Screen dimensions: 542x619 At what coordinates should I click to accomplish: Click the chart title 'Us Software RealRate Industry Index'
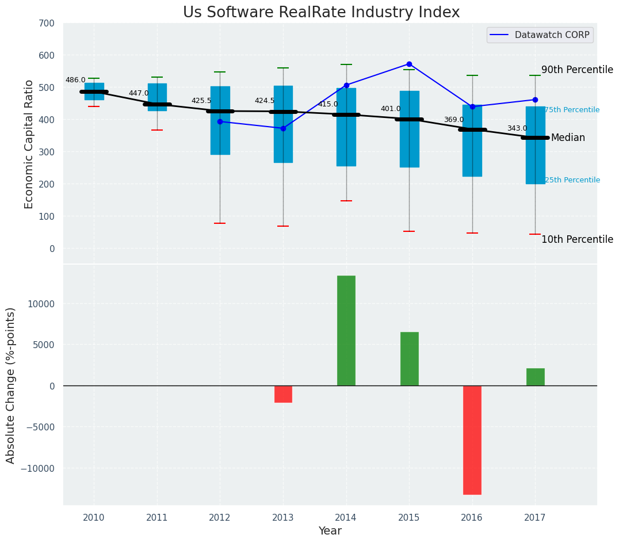tap(321, 13)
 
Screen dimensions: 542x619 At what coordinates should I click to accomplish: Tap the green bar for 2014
tap(346, 330)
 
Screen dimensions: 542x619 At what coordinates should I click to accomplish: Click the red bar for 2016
tap(472, 440)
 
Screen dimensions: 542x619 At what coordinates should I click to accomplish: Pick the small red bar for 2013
tap(283, 394)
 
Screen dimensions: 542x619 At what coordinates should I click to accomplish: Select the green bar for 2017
tap(535, 377)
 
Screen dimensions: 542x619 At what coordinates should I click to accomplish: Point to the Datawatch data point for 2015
tap(409, 64)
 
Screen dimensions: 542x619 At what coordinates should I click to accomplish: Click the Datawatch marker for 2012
tap(220, 121)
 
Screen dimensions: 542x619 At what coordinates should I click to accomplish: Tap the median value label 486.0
tap(75, 81)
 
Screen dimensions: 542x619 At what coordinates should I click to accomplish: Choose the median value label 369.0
tap(453, 120)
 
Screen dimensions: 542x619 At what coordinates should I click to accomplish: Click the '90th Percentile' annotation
tap(577, 70)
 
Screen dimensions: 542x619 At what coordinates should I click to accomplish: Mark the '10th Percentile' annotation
tap(577, 240)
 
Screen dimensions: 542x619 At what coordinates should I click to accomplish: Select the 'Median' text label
tap(568, 138)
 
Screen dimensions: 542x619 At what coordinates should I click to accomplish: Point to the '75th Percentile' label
tap(572, 110)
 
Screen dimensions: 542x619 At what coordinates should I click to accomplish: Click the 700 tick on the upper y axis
tap(47, 24)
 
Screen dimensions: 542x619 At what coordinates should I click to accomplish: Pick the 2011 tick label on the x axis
tap(157, 518)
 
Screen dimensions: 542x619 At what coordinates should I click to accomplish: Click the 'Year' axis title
tap(330, 531)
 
